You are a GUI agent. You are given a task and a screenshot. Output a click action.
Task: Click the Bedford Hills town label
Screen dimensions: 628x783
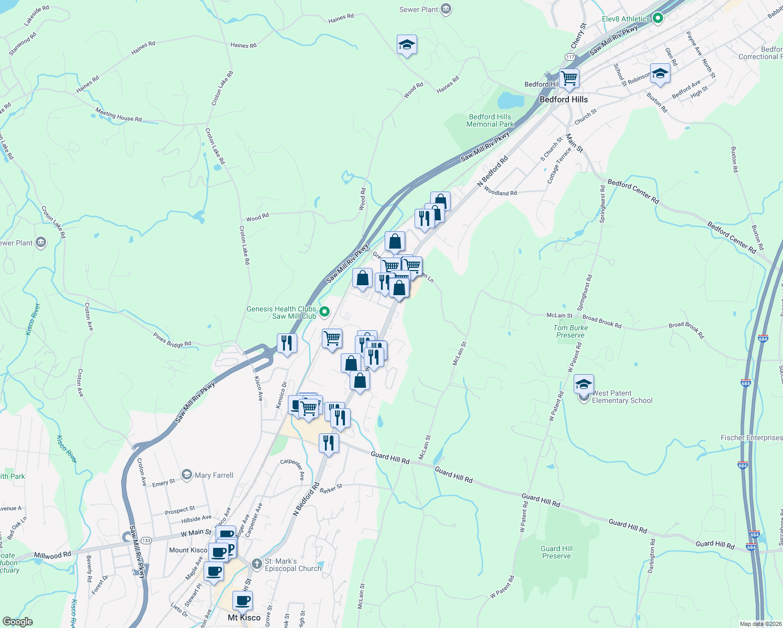[x=563, y=99]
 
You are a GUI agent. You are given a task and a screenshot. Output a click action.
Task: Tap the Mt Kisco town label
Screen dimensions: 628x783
[x=244, y=618]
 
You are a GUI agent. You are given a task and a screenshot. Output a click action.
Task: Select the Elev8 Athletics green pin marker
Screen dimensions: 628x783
[x=658, y=19]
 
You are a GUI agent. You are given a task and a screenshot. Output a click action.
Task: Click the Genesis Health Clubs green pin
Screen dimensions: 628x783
[x=325, y=312]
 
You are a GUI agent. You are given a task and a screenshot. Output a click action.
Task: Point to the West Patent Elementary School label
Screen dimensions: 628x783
[x=622, y=397]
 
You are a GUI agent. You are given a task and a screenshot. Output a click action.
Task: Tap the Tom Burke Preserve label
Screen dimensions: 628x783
[x=571, y=331]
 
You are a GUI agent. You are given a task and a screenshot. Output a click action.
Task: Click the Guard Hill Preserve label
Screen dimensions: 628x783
[x=556, y=552]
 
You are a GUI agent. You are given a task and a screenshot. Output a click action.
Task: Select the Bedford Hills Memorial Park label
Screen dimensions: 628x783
[x=490, y=120]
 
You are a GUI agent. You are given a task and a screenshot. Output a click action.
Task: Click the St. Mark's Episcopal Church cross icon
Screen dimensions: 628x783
[x=256, y=564]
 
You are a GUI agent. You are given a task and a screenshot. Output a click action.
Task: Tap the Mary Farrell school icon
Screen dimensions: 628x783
[x=186, y=475]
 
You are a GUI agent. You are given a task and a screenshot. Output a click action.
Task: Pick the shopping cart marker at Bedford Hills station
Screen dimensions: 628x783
[x=569, y=78]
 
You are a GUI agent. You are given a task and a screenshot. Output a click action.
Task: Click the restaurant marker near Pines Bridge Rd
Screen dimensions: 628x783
[x=286, y=343]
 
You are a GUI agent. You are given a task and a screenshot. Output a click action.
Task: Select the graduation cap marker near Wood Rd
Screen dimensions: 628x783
[x=407, y=45]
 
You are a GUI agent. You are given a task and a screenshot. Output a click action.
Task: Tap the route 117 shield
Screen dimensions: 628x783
[x=570, y=57]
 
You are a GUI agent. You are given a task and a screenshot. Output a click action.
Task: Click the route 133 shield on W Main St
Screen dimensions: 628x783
[x=146, y=540]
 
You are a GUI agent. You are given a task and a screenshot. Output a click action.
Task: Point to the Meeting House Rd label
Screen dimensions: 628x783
[x=118, y=115]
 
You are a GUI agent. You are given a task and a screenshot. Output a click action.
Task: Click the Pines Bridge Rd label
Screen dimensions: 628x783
[x=172, y=340]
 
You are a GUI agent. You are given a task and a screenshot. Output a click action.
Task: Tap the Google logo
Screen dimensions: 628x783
[x=17, y=621]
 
